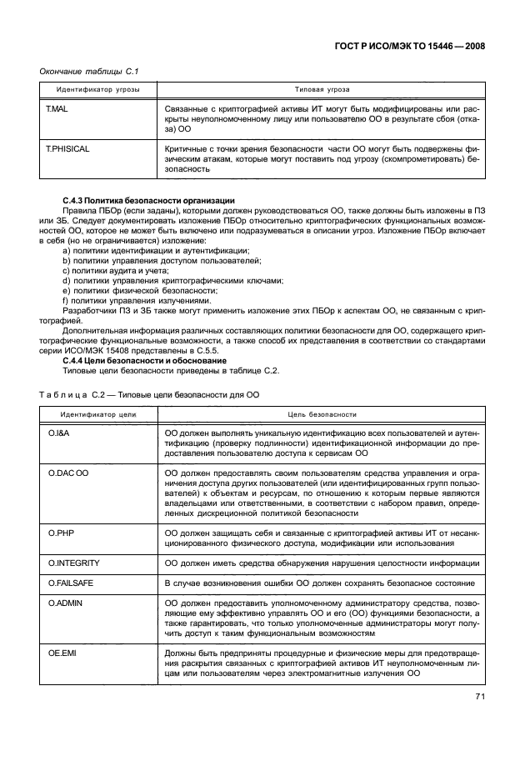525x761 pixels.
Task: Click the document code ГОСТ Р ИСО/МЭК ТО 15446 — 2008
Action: tap(414, 48)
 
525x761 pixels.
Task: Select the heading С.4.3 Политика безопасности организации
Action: tap(149, 201)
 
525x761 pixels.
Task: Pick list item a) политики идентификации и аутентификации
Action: tap(156, 251)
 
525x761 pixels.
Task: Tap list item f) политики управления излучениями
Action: tap(132, 300)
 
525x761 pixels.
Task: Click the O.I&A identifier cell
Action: tap(60, 433)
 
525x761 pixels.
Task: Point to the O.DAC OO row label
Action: tap(68, 473)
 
